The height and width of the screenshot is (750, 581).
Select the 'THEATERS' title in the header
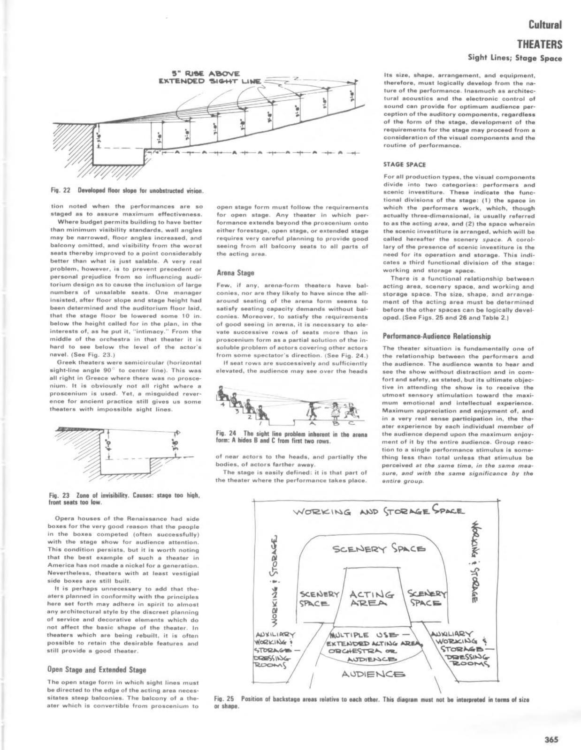click(539, 45)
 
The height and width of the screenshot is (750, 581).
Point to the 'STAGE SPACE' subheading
click(398, 165)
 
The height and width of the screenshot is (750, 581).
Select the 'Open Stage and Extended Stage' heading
click(97, 669)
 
